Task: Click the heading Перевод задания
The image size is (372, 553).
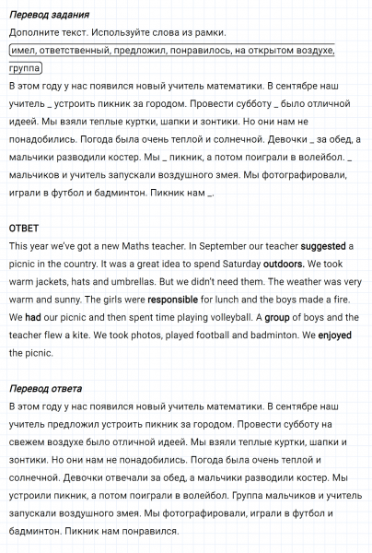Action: tap(49, 16)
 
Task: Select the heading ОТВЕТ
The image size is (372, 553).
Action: tap(24, 228)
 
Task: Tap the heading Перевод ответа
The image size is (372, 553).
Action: tap(45, 388)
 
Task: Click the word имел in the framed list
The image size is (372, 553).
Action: tap(28, 50)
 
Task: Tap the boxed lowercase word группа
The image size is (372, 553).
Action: tap(27, 68)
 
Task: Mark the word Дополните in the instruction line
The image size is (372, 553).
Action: tap(34, 32)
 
